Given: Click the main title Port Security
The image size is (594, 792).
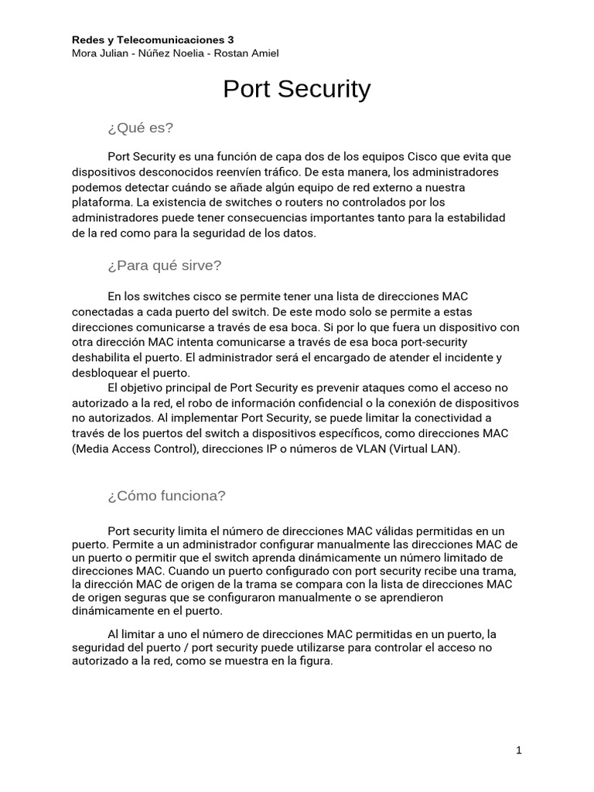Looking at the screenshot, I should click(296, 90).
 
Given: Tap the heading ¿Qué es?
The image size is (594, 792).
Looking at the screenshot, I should click(141, 128).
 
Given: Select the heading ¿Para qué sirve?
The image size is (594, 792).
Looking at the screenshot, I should click(165, 265).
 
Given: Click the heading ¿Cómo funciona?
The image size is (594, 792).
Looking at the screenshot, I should click(167, 496).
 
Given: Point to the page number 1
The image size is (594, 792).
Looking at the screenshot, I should click(519, 750).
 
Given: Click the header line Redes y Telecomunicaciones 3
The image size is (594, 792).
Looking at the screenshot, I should click(152, 39).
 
